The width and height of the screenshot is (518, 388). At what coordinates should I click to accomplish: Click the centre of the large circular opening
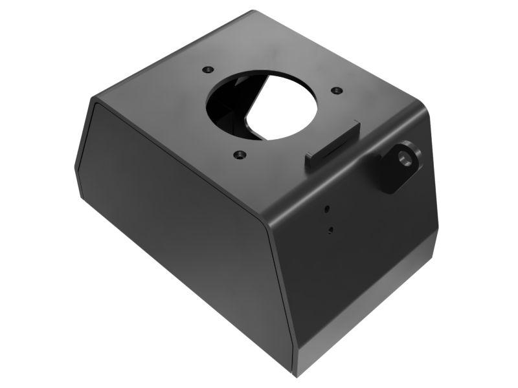(262, 105)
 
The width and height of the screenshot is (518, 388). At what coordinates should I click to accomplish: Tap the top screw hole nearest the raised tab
(335, 91)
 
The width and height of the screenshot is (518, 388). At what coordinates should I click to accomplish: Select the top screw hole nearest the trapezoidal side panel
(240, 155)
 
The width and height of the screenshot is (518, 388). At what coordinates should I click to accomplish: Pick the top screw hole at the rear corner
(207, 69)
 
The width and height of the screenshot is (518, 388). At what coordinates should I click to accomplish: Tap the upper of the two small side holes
(327, 208)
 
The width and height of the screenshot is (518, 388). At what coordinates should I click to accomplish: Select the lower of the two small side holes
(331, 229)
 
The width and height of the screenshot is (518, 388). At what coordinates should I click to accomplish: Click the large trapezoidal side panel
(181, 226)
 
